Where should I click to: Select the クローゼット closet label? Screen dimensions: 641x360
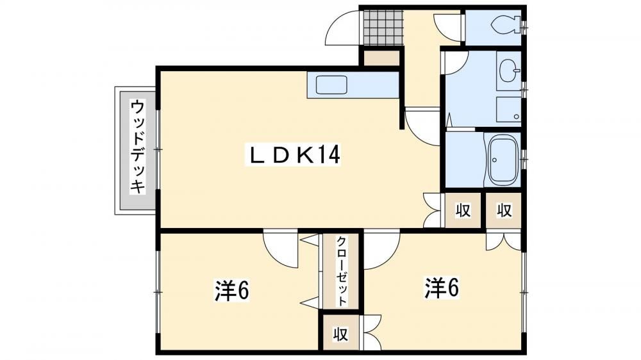pos(342,271)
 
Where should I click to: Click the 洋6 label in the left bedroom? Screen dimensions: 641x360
pos(232,290)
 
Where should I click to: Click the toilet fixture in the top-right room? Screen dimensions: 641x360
pos(507,26)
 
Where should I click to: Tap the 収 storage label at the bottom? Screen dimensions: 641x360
pos(340,334)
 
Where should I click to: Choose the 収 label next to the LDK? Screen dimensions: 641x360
pos(463,211)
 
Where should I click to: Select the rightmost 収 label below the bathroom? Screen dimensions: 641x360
pos(504,211)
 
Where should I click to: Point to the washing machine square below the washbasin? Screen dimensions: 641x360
pos(509,110)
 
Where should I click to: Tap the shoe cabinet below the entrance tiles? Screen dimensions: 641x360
pos(381,58)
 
